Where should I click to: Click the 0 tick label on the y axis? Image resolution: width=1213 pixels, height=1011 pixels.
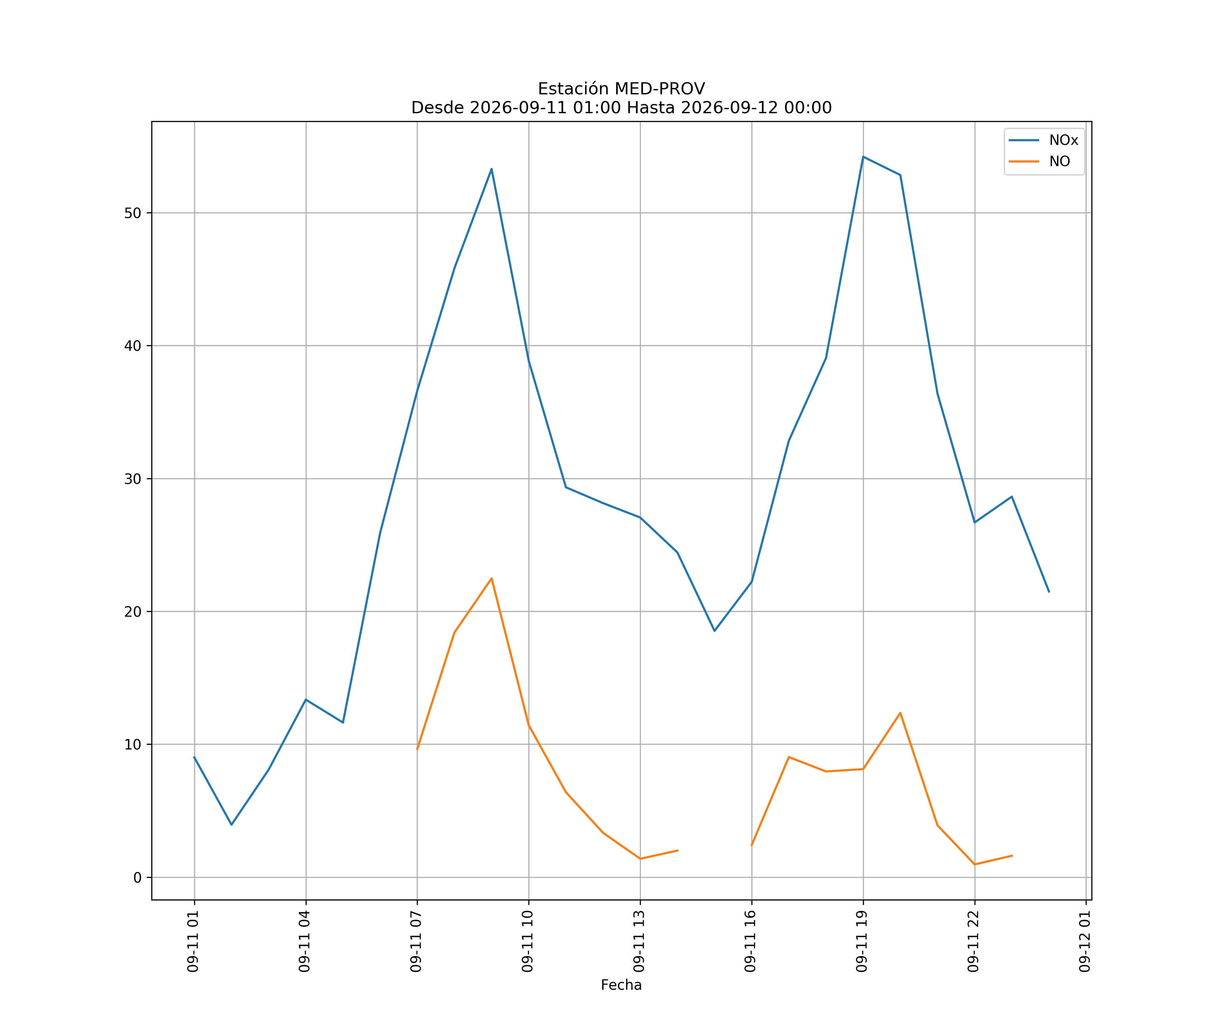[x=137, y=878]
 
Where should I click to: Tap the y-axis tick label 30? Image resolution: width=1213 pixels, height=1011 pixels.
[x=133, y=479]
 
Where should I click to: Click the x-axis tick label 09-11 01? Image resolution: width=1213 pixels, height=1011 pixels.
[x=193, y=942]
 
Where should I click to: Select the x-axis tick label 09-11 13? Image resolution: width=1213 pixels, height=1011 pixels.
[x=640, y=942]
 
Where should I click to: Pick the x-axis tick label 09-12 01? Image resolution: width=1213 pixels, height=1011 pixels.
[x=1085, y=942]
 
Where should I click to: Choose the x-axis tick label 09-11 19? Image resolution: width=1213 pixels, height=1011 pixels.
[x=862, y=942]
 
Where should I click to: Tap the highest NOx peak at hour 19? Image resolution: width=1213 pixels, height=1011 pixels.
[x=863, y=157]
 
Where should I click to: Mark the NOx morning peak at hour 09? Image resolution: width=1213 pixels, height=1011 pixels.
[x=492, y=169]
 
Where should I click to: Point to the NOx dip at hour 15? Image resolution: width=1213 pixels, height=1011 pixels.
[x=715, y=631]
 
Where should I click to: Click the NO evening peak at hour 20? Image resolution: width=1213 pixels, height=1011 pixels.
[x=900, y=713]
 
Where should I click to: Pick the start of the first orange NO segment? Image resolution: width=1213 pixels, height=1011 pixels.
[x=417, y=749]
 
